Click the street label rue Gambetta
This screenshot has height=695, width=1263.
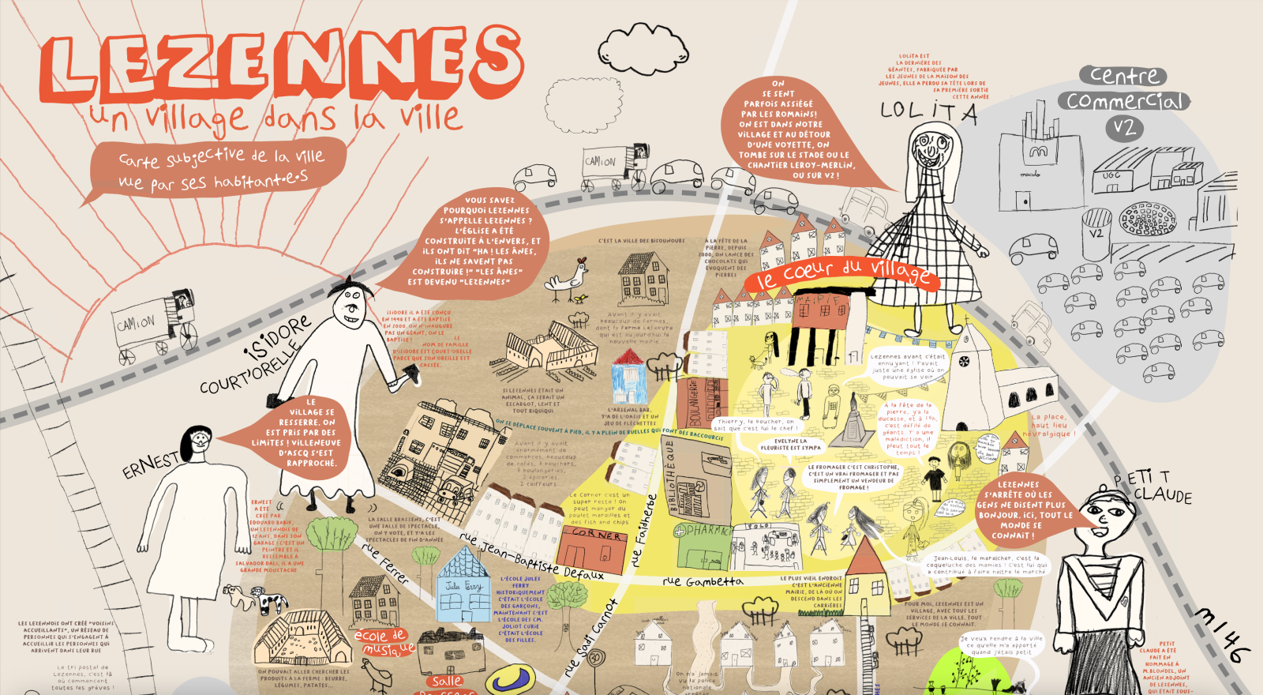703,582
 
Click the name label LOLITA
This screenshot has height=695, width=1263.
929,113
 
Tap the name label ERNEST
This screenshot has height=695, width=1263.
150,465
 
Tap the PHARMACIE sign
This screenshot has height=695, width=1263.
705,531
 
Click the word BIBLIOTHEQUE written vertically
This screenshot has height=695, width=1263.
672,479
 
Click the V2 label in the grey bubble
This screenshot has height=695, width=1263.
1124,127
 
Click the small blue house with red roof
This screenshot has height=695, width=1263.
628,377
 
